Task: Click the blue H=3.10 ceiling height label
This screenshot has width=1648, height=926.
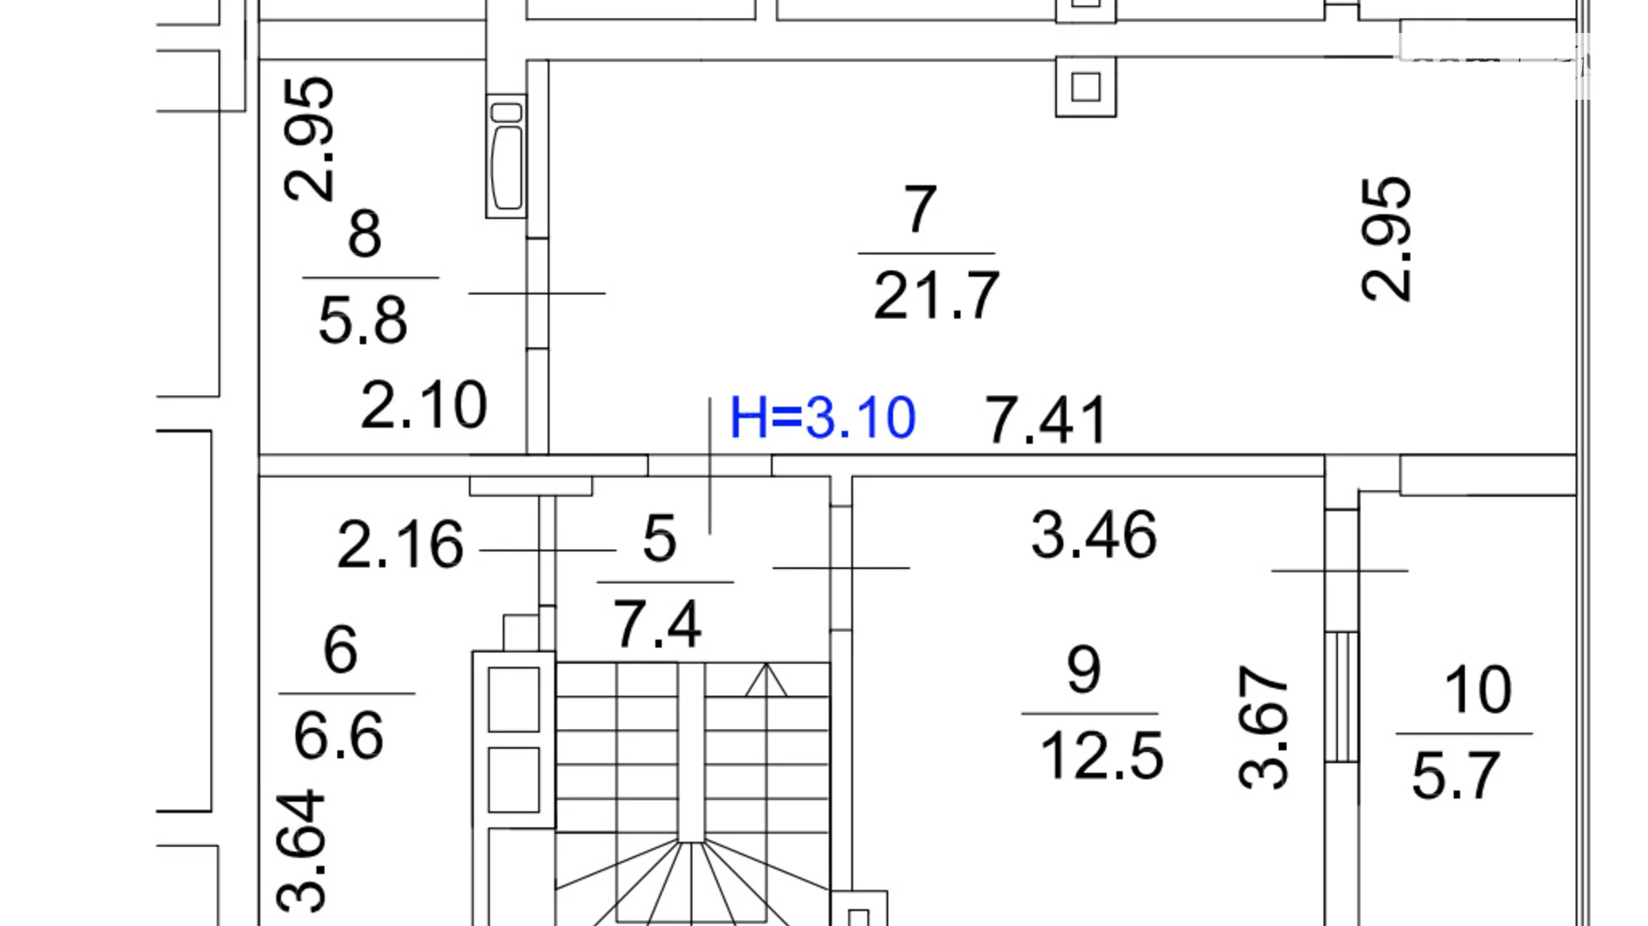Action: coord(822,418)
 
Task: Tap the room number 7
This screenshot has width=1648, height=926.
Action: coord(920,209)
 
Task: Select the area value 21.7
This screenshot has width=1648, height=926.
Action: coord(936,296)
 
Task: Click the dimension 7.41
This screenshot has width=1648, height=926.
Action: coord(1046,420)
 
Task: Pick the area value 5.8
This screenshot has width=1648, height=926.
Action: coord(363,321)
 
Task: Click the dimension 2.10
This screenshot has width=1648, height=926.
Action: coord(424,405)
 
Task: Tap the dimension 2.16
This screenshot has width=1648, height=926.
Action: coord(400,544)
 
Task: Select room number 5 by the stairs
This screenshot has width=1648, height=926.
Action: coord(659,539)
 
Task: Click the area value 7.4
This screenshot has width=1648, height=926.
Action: coord(657,624)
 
